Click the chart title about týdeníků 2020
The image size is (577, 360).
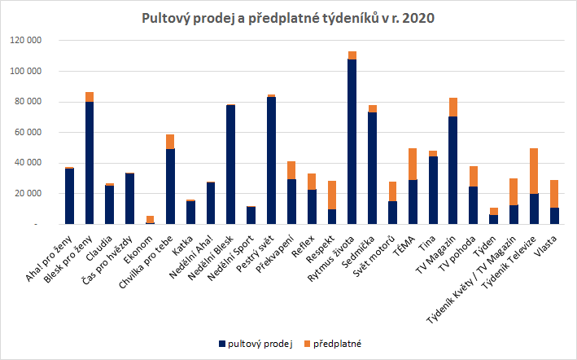tap(288, 17)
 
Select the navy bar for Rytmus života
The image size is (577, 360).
tap(352, 143)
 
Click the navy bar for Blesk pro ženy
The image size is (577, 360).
tap(90, 163)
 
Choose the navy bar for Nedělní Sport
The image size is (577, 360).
tap(251, 215)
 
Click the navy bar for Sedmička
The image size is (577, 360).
tap(373, 168)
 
